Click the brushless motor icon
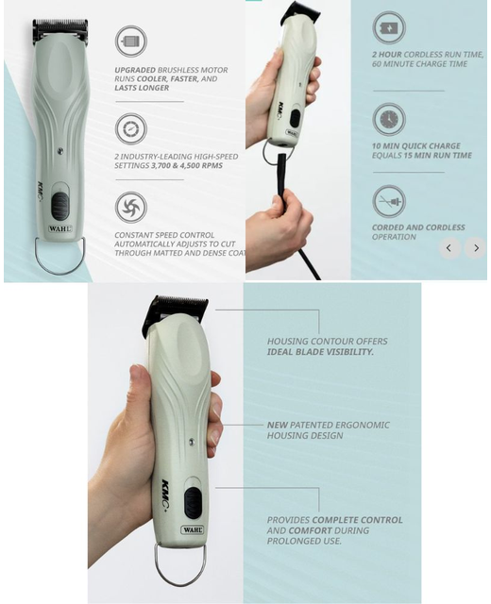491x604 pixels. [130, 42]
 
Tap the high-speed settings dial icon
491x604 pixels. [130, 128]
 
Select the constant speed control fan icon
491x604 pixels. [130, 207]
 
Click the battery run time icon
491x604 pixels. [388, 29]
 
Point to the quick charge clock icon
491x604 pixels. [388, 120]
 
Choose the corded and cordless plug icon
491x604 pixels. [388, 201]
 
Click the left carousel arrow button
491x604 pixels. [450, 248]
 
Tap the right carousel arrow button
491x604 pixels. [476, 248]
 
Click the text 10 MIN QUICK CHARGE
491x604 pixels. [415, 146]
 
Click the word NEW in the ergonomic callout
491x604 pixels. [277, 426]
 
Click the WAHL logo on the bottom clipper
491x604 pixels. [192, 530]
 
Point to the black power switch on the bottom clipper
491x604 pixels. [192, 502]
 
